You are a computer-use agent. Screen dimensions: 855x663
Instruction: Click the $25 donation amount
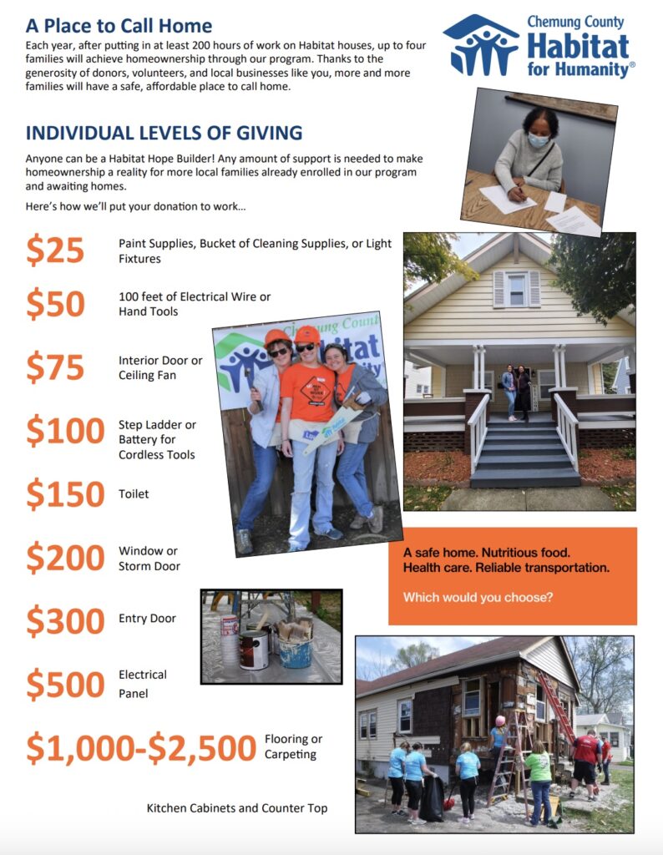pos(55,250)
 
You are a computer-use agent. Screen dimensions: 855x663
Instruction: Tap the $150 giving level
pos(65,494)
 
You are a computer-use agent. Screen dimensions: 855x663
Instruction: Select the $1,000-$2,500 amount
pos(140,747)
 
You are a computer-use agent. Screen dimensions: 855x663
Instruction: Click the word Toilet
pos(134,494)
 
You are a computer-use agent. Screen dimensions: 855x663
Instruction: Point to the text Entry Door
pos(147,619)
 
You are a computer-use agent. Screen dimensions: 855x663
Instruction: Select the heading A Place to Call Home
pos(119,26)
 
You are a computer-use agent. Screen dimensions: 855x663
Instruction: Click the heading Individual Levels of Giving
pos(164,133)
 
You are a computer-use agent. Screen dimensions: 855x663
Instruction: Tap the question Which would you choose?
pos(478,598)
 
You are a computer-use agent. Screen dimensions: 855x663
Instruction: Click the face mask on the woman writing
pos(539,140)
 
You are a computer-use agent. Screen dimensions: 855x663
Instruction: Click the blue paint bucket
pos(294,650)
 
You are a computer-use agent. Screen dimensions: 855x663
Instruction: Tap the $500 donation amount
pos(65,685)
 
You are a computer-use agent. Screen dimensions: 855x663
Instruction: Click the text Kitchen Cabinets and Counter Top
pos(237,808)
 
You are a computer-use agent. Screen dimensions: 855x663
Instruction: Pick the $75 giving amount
pos(55,368)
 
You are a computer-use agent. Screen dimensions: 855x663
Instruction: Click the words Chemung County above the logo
pos(575,22)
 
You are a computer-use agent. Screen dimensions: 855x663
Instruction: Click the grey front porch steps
pos(524,451)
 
